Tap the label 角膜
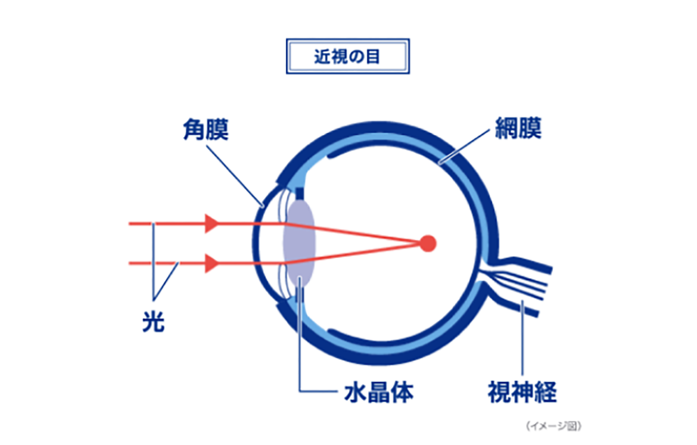205,129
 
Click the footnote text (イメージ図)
553,426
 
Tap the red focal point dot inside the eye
428,243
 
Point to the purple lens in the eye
300,243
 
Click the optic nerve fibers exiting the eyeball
524,280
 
